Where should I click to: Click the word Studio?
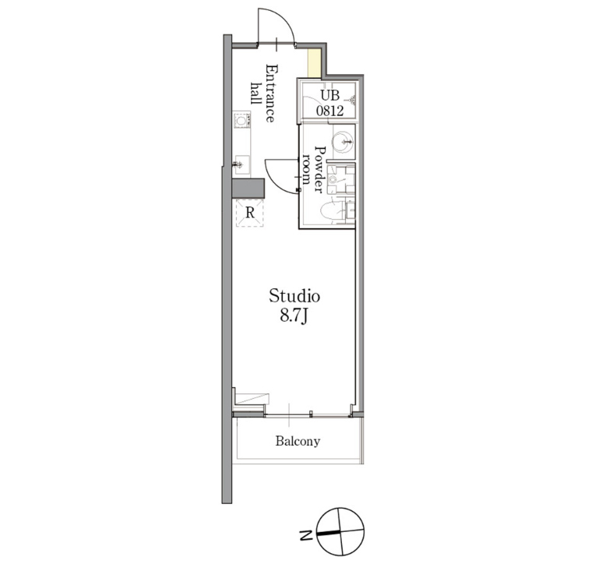tap(294, 296)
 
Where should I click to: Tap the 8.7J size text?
tap(294, 317)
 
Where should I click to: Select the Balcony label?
tap(298, 442)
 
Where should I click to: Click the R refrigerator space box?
tap(250, 212)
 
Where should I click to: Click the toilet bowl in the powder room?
tap(333, 210)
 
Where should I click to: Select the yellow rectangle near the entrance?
tap(314, 62)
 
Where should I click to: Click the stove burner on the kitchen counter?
tap(241, 121)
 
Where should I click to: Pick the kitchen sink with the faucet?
tap(241, 164)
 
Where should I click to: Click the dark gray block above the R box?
tap(249, 188)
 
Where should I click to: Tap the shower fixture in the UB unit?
tap(351, 100)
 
